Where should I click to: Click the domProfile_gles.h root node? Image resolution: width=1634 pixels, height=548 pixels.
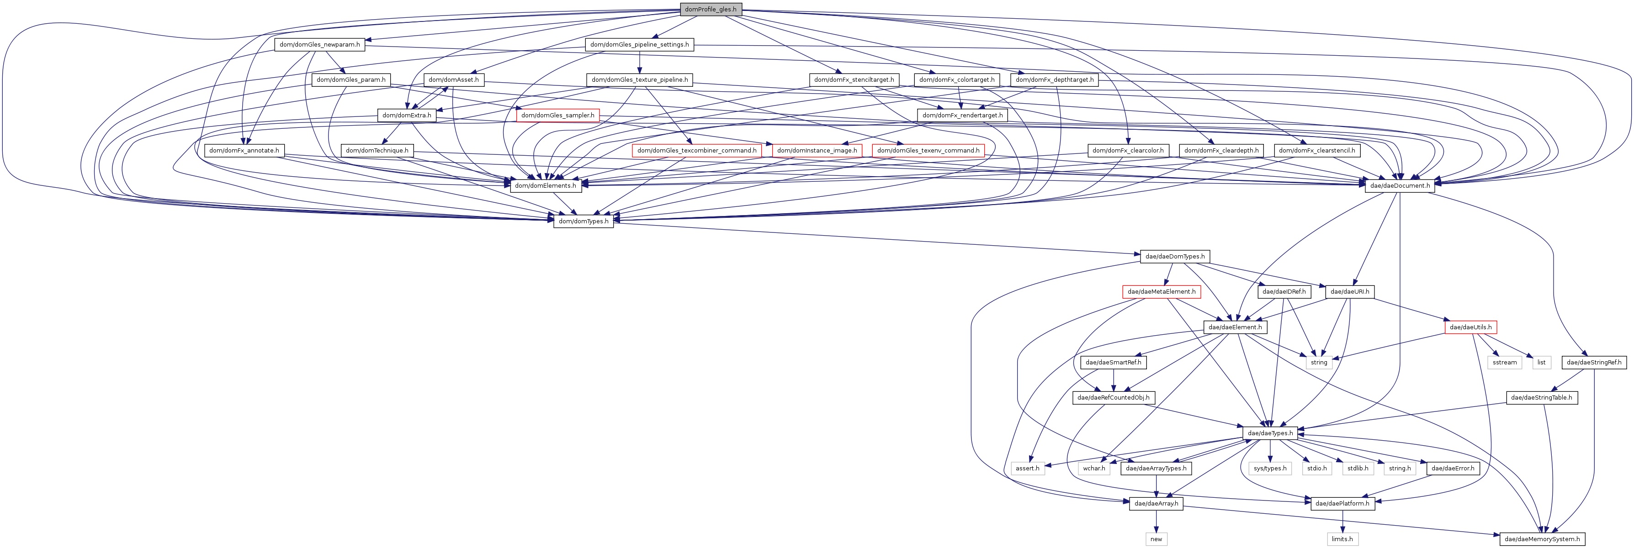pyautogui.click(x=711, y=10)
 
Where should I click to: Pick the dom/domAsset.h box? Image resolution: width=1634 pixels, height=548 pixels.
pyautogui.click(x=454, y=80)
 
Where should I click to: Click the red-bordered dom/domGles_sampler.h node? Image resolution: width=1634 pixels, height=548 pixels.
pyautogui.click(x=557, y=116)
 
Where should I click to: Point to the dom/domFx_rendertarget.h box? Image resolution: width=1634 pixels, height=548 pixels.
pyautogui.click(x=962, y=116)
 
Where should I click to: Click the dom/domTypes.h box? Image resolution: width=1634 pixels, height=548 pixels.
pyautogui.click(x=584, y=221)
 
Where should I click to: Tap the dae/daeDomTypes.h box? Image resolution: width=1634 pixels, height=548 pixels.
pyautogui.click(x=1175, y=257)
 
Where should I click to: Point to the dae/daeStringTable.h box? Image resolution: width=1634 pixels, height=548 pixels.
pyautogui.click(x=1541, y=398)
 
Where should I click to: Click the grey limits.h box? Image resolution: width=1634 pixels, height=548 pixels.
pyautogui.click(x=1342, y=539)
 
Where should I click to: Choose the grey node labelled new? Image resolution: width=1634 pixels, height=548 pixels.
pyautogui.click(x=1157, y=539)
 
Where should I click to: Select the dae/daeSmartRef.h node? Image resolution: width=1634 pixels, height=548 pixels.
pyautogui.click(x=1113, y=363)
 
